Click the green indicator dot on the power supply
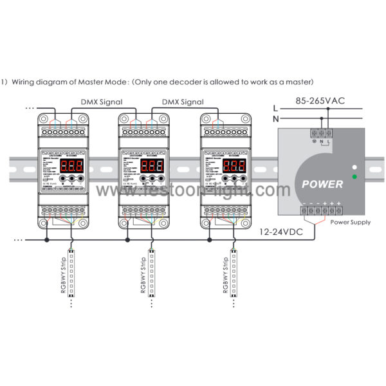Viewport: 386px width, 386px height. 354,176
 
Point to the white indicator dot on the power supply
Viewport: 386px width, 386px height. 354,166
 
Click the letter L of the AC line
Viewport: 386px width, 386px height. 275,108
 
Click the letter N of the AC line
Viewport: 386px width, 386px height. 275,119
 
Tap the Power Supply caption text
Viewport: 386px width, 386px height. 350,222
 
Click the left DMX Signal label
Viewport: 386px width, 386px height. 101,102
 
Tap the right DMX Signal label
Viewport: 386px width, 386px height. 183,102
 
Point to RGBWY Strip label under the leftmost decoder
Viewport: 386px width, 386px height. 62,274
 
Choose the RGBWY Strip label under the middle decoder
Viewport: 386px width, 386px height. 143,274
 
